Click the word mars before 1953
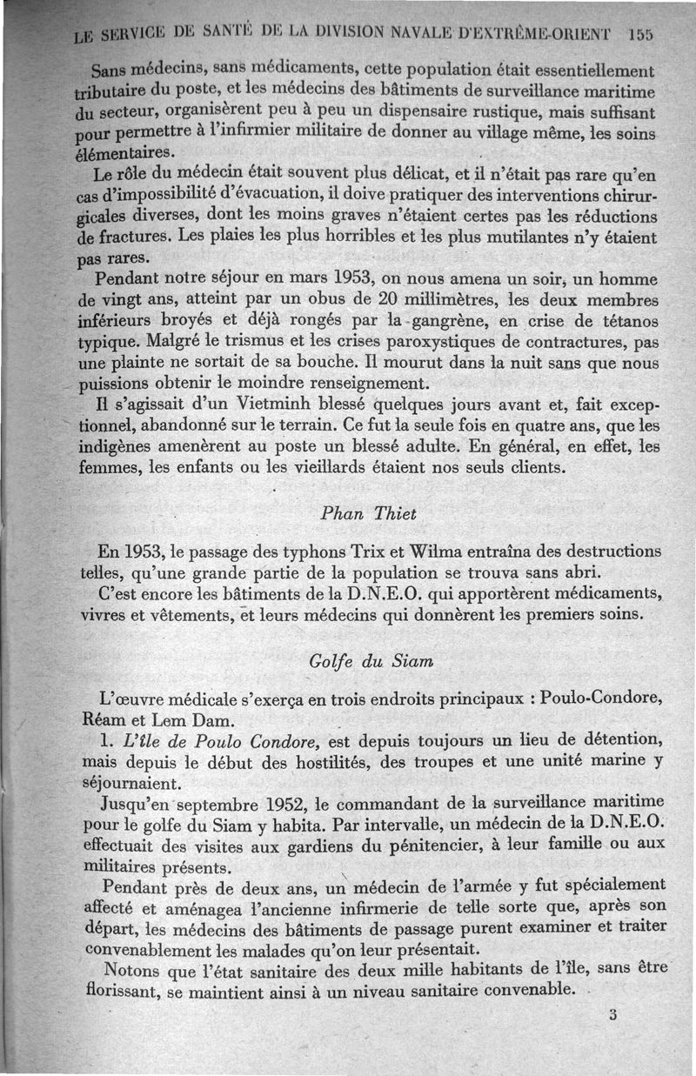pos(307,279)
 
